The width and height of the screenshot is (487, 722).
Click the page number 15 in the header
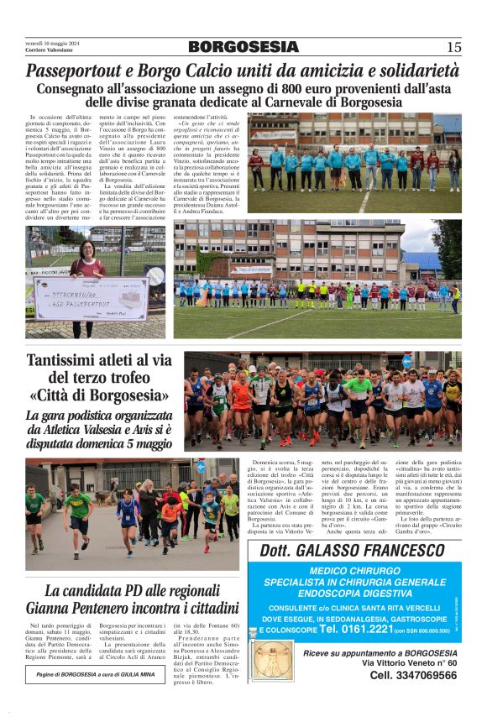453,48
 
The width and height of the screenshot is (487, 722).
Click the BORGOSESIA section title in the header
243,48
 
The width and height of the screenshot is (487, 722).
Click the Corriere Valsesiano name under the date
51,51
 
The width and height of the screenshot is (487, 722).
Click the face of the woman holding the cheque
87,249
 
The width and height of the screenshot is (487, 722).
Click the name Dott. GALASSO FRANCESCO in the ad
353,552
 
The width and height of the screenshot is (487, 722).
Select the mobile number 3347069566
413,675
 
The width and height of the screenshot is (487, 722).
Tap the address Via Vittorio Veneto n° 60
409,663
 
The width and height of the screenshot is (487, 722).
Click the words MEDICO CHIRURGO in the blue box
354,571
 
